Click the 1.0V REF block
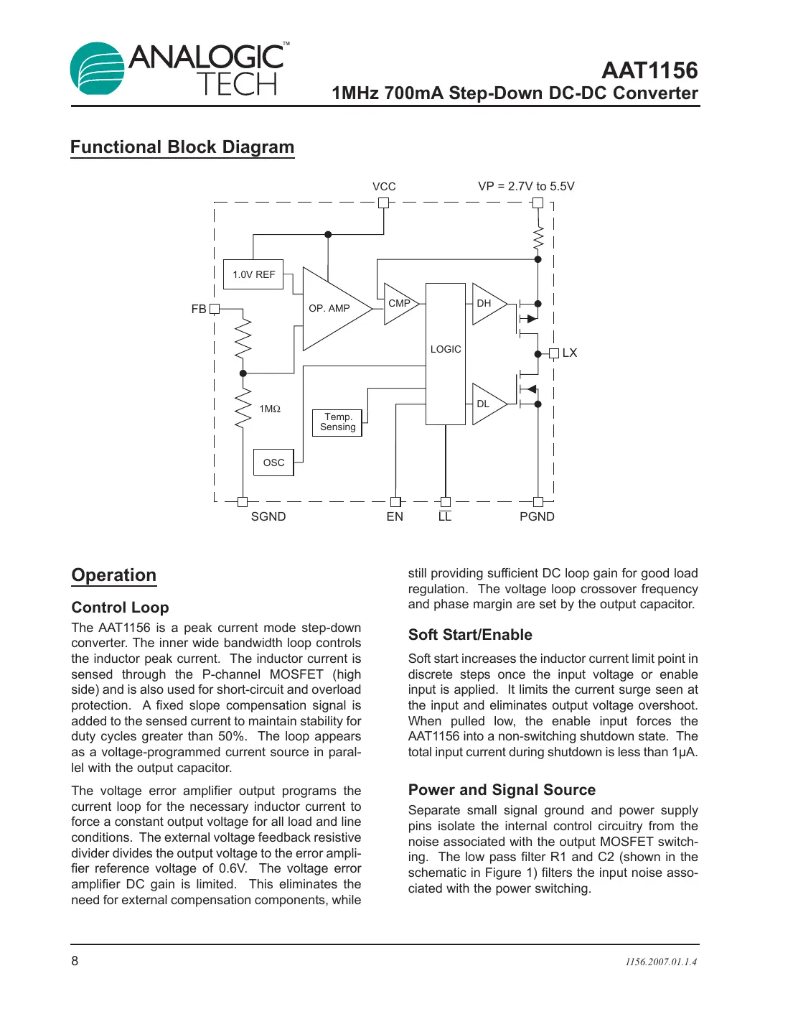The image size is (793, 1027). point(253,274)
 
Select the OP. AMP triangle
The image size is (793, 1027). point(332,309)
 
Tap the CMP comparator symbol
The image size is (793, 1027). point(398,304)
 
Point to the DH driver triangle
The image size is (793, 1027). point(487,304)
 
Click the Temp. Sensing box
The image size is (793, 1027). point(337,422)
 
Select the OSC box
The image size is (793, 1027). point(273,463)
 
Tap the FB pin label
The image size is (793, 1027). point(199,310)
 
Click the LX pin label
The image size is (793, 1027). point(570,353)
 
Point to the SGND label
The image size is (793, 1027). point(268,517)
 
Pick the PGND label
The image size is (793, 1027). point(537,517)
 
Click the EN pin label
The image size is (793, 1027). point(395,517)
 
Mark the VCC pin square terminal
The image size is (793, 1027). point(384,203)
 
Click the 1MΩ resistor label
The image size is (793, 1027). point(270,409)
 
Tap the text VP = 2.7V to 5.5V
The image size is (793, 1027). point(526,187)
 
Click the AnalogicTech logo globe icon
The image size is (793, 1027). point(98,69)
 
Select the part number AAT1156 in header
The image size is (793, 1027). point(649,70)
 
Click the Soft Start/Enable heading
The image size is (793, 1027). point(470,635)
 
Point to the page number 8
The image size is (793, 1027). point(75,961)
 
